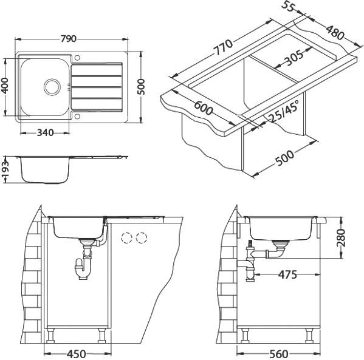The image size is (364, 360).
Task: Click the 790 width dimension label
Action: coord(69,39)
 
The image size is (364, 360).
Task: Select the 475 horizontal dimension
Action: coord(286,274)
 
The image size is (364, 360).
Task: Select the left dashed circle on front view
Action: coord(128,237)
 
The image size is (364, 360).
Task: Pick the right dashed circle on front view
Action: coord(142,237)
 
